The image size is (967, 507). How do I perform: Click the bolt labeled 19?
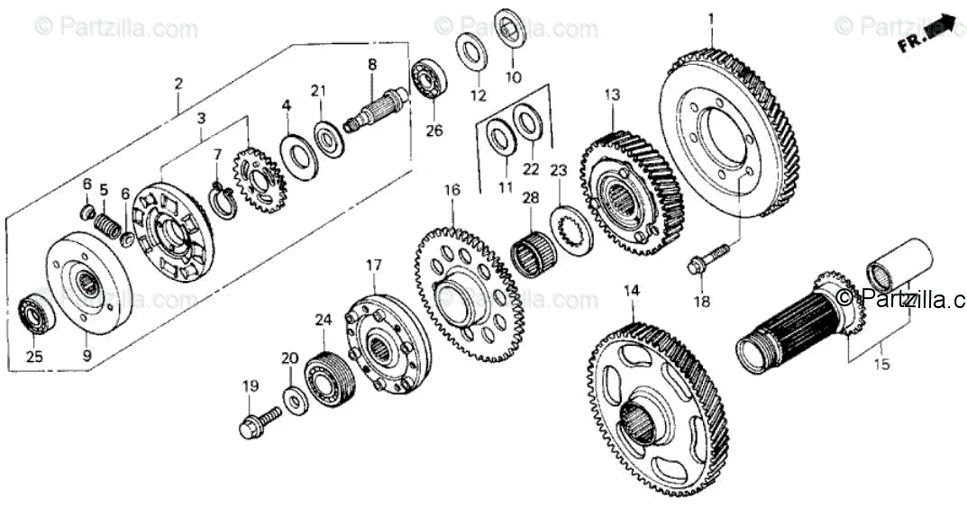click(255, 421)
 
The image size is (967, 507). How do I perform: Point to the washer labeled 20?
click(294, 395)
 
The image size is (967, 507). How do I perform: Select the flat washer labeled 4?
click(293, 153)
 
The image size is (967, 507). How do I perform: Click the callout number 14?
click(631, 290)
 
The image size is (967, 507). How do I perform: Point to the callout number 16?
click(452, 190)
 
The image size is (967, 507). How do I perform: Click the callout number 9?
click(87, 355)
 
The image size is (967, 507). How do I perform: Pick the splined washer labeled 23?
click(567, 227)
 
